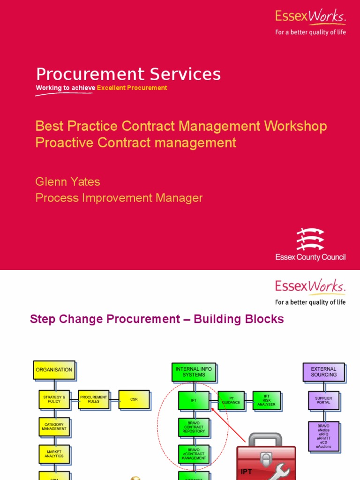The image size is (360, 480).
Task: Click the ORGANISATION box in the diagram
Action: click(x=54, y=370)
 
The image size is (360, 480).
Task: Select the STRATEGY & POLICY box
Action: click(x=54, y=399)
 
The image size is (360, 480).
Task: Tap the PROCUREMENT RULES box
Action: click(x=94, y=399)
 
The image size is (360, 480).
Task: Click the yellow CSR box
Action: click(x=134, y=399)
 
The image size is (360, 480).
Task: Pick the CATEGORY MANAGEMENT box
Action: click(x=54, y=427)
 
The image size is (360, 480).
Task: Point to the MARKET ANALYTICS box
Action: click(x=54, y=454)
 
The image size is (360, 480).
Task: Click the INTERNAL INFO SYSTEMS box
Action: click(x=194, y=372)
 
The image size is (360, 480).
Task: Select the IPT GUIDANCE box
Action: click(x=231, y=400)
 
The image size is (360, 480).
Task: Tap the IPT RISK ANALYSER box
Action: click(x=267, y=400)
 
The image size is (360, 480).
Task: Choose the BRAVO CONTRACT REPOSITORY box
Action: click(x=194, y=427)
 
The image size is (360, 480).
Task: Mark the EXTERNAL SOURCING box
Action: click(x=324, y=372)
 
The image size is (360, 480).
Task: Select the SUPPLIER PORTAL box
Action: click(x=323, y=400)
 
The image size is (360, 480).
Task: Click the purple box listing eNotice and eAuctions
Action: click(x=323, y=436)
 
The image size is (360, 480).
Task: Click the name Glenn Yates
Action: click(x=68, y=181)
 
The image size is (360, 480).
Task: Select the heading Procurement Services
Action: click(x=128, y=74)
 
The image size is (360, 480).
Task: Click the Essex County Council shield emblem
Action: click(x=310, y=239)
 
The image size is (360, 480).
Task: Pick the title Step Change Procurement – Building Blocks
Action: click(x=157, y=319)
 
